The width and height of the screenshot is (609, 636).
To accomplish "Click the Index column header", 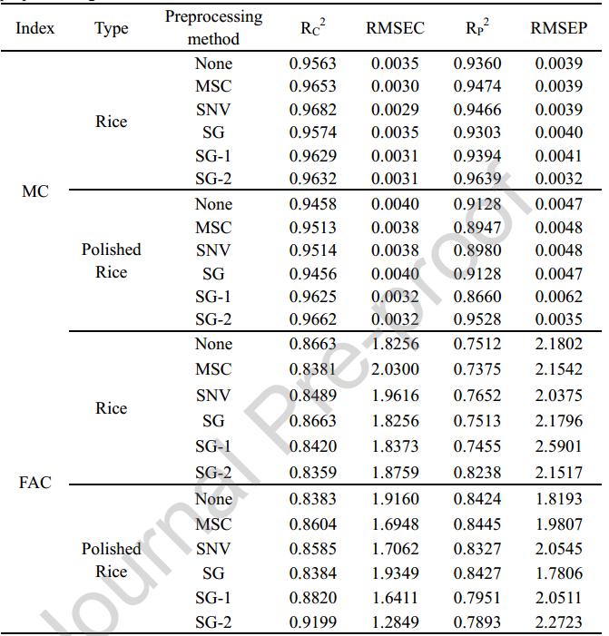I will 35,28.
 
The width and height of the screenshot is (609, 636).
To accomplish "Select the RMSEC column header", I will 395,28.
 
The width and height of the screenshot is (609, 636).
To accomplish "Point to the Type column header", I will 111,28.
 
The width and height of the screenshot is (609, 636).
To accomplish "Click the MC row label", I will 35,192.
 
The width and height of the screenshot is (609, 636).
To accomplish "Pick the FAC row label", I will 35,483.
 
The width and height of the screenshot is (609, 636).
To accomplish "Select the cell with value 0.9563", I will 312,64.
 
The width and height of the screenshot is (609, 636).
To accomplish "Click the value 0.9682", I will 312,110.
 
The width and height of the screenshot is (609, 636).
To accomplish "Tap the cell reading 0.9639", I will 476,180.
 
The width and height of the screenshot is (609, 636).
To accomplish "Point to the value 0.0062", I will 558,296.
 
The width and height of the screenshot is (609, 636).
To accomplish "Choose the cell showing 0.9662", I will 312,319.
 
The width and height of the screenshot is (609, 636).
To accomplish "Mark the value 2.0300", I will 395,369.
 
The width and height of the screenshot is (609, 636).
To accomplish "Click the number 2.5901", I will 558,446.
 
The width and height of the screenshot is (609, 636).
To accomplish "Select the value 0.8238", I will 476,472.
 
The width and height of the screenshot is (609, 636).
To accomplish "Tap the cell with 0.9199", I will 312,622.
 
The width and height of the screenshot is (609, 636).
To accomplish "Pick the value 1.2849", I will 395,622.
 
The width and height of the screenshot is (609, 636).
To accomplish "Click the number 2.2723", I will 558,622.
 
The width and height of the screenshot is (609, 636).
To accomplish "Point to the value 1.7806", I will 558,573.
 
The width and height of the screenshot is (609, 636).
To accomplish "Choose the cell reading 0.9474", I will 476,86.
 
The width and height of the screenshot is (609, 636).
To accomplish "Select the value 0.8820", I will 312,598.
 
